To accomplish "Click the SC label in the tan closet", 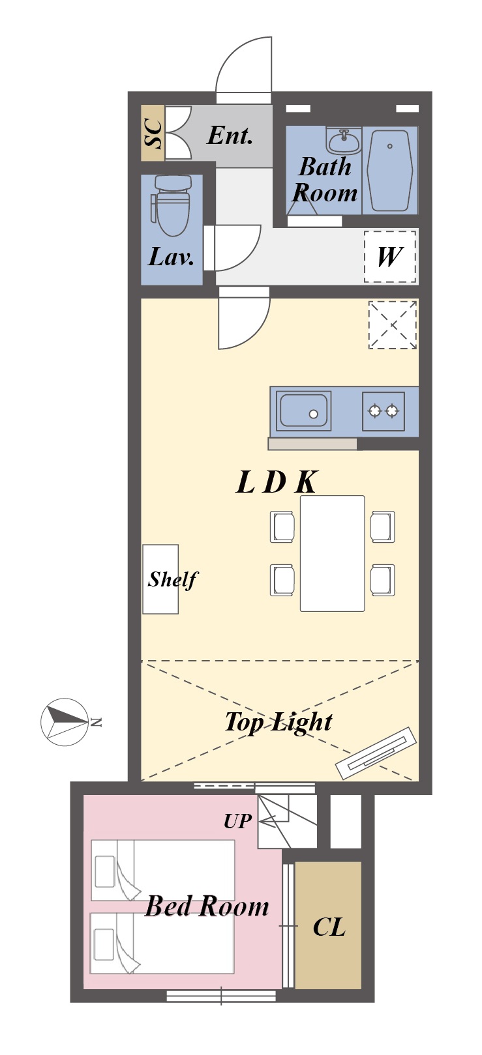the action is click(153, 134).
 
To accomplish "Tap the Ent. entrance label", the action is click(230, 136).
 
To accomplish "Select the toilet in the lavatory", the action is click(171, 205).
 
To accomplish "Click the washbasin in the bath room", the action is click(344, 140).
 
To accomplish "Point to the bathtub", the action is click(390, 171).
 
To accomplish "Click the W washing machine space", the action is click(390, 257).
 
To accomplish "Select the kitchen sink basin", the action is click(304, 411).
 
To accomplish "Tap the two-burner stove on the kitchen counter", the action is click(384, 411).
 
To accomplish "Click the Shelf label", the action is click(173, 580).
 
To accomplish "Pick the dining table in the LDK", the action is click(333, 553).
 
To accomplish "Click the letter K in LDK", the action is click(306, 482).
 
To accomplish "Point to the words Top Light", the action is click(279, 722).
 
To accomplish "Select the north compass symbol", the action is click(65, 722).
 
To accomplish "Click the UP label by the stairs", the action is click(237, 822).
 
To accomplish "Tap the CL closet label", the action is click(329, 927).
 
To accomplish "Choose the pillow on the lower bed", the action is click(104, 944).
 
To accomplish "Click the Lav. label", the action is click(171, 257).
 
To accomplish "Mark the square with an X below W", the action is click(393, 325).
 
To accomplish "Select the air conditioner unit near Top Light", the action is click(376, 753).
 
